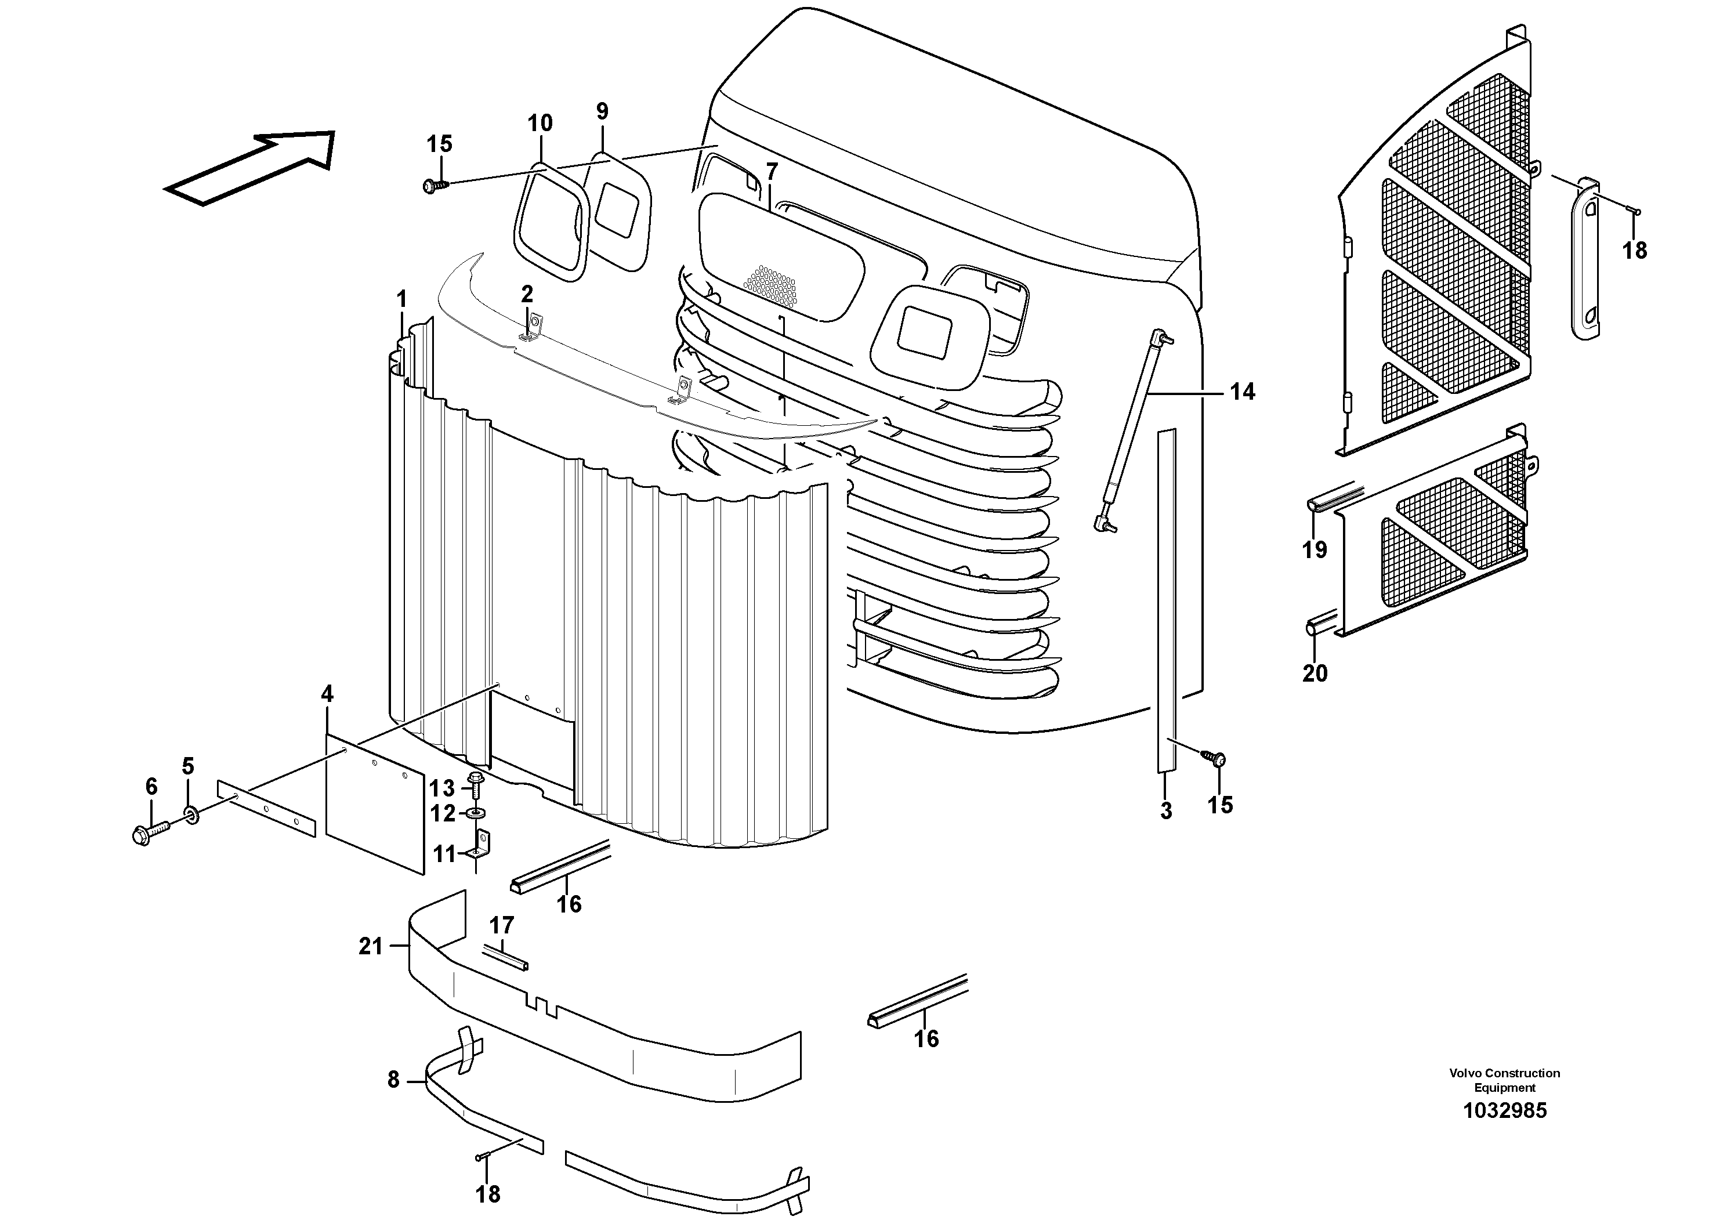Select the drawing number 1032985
click(x=1504, y=1110)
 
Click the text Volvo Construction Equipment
click(x=1504, y=1080)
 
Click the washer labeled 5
click(x=191, y=814)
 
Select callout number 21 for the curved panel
click(x=370, y=946)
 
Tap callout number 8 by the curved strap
click(x=393, y=1080)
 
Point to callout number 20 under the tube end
click(x=1315, y=673)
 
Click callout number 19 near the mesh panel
click(x=1315, y=550)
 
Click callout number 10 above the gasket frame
click(x=540, y=122)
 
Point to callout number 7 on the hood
click(x=771, y=172)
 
